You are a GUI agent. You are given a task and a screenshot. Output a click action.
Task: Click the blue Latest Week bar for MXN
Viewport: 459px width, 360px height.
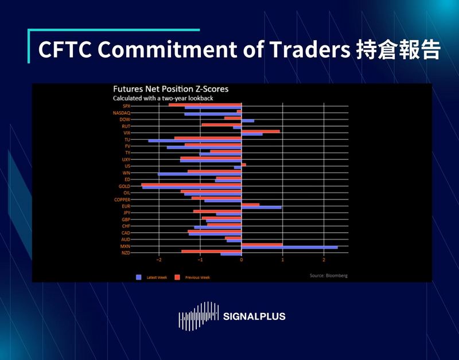pos(289,248)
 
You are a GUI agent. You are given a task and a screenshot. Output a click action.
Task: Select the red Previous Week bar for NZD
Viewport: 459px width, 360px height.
pos(211,251)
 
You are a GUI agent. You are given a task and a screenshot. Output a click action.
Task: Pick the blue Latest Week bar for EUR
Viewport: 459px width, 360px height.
pos(261,208)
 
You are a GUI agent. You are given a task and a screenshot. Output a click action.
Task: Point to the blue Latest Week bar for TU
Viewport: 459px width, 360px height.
pos(195,141)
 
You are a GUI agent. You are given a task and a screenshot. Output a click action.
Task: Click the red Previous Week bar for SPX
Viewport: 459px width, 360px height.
pos(205,105)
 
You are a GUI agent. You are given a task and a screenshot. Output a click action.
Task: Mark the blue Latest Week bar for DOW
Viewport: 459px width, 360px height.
pos(247,121)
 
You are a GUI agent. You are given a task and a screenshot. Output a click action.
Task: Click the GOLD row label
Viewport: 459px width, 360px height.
pos(123,186)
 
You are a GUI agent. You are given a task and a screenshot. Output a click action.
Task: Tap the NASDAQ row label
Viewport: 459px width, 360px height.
pos(120,113)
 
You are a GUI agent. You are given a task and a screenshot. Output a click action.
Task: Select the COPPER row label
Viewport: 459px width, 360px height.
pos(122,199)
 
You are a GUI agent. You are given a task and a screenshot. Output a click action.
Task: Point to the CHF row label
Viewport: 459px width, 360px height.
pos(126,226)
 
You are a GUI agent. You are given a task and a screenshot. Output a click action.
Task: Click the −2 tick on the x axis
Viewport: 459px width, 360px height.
pos(159,260)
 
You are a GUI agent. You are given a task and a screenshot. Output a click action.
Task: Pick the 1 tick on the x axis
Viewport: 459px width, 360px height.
pos(282,260)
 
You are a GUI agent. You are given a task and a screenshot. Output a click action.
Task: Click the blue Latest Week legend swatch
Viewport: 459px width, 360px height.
pos(138,277)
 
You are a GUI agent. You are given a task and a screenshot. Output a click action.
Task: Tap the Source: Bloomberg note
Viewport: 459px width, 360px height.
pos(328,276)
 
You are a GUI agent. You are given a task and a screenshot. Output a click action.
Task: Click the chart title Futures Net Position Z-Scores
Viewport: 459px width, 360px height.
pos(162,89)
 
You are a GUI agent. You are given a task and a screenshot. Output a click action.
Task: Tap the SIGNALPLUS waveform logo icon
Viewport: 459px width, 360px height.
pos(199,316)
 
